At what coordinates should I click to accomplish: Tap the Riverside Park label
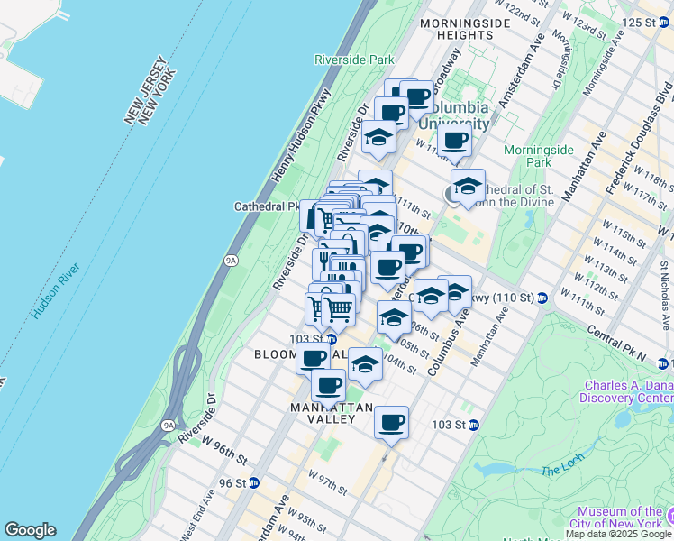(354, 60)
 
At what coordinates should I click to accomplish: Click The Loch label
(563, 471)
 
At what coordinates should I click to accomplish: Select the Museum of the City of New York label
(621, 518)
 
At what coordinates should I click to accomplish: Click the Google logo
(30, 530)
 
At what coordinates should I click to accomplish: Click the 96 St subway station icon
(254, 482)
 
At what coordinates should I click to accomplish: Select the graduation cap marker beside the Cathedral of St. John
(468, 187)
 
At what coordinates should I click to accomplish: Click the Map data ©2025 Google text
(619, 534)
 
